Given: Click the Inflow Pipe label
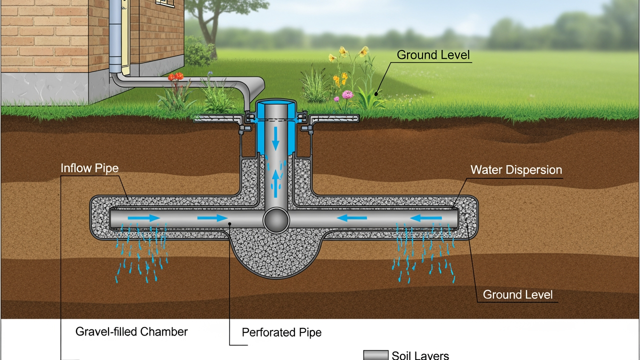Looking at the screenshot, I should (89, 168).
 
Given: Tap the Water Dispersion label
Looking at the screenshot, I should (516, 170).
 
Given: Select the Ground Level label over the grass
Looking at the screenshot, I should (433, 55).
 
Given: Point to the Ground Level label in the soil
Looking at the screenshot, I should (517, 294).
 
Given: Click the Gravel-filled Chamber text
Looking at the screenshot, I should (131, 331).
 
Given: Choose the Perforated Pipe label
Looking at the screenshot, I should (281, 332).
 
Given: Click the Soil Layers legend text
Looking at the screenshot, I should (420, 355).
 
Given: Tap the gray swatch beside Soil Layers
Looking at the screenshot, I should (375, 355).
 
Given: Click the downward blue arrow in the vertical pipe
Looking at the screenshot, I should (275, 137).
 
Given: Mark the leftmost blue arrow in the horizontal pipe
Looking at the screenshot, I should (144, 218).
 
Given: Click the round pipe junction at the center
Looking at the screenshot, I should (276, 220).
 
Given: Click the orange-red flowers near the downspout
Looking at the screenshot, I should (175, 76).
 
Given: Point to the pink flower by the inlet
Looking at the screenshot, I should (347, 94).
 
